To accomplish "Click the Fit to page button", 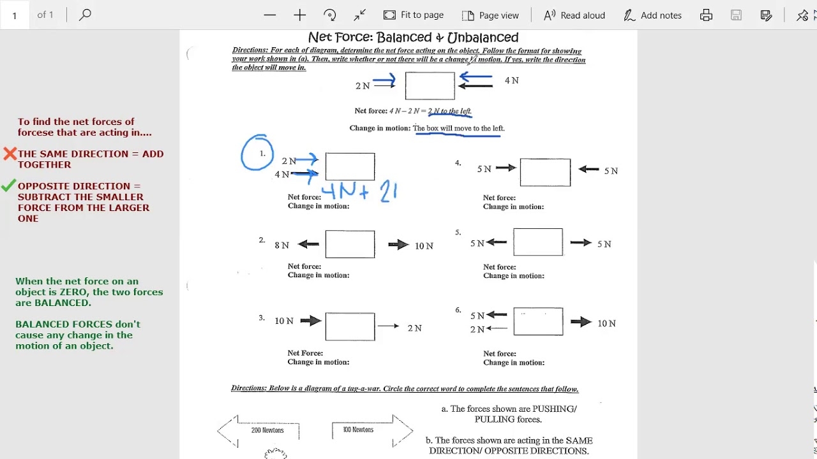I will pos(414,15).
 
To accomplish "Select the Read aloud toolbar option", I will pos(574,15).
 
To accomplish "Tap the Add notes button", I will pos(652,15).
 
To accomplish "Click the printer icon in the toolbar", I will pos(706,15).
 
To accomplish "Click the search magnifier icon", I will pos(85,14).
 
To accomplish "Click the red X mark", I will pos(10,154).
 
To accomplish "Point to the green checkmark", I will pos(8,186).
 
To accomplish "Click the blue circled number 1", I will pos(258,153).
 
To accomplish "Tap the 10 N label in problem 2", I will pos(424,245).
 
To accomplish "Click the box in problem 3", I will pos(350,326).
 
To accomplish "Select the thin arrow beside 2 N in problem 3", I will pos(388,326).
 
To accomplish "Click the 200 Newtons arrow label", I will pos(267,430).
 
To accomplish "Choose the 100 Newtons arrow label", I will pos(358,430).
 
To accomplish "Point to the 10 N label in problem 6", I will pos(606,323).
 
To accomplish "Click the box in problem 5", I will pos(538,242).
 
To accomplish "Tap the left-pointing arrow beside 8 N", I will pos(308,244).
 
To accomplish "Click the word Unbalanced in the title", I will pos(483,38).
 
